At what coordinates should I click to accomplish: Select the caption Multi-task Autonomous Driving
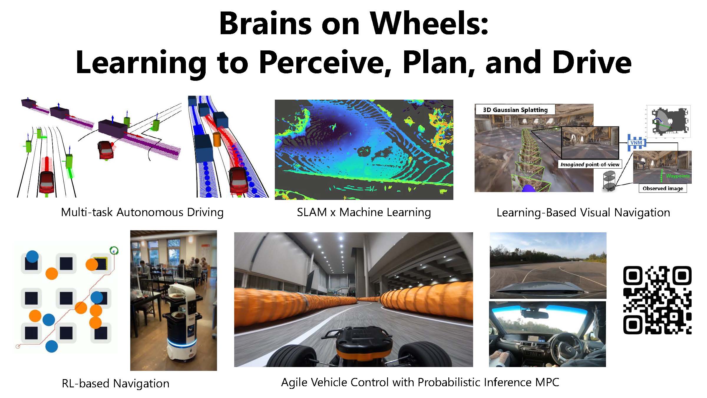pos(142,212)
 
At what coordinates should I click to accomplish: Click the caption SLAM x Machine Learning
pos(364,212)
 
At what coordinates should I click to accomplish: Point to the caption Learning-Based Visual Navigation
pos(583,213)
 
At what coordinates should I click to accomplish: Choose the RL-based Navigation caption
pos(115,383)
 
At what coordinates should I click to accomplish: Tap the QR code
pos(657,300)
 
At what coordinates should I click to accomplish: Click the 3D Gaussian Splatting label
pos(515,110)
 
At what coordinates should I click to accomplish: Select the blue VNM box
pos(636,143)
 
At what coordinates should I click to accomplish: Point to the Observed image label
pos(663,188)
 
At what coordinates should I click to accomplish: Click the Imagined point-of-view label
pos(590,164)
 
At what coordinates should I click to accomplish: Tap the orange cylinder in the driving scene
pos(217,139)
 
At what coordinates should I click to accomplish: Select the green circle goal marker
pos(114,251)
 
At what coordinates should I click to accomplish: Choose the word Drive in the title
pos(592,63)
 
